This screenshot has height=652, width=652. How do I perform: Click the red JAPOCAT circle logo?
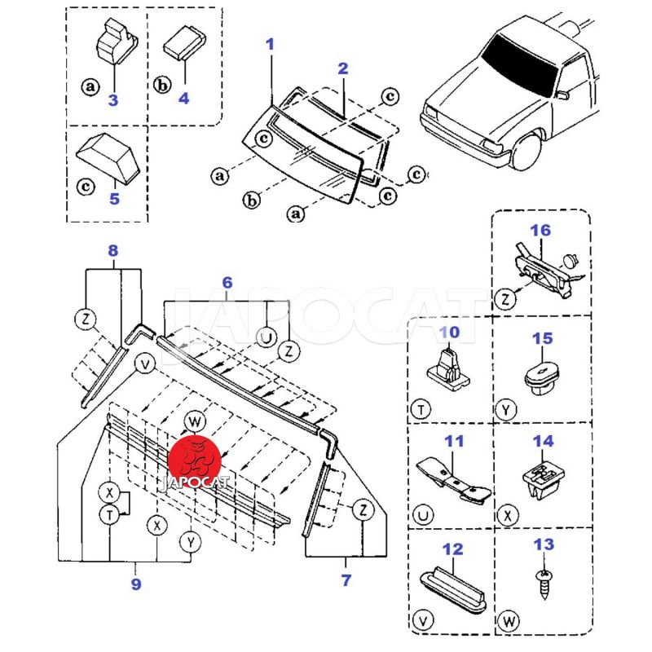(195, 463)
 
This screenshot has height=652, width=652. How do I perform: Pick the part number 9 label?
(135, 584)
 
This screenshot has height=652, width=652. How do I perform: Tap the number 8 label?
(112, 251)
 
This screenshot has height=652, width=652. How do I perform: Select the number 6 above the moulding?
(227, 282)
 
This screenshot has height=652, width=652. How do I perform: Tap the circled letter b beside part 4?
(161, 85)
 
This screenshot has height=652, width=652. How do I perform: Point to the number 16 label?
(541, 231)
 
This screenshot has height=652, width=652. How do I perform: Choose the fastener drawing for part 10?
(450, 369)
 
